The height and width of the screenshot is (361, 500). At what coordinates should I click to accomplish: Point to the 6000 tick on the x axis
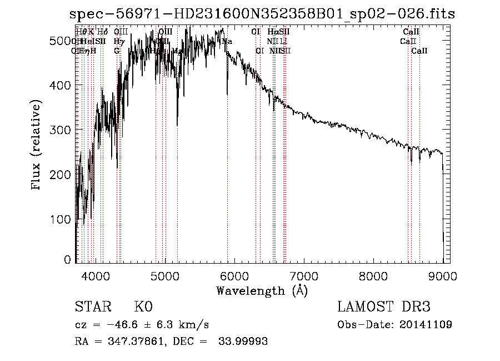coord(234,275)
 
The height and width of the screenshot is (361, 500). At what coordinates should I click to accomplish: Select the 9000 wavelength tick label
coord(443,275)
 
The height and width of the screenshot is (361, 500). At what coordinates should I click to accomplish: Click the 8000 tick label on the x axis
coord(373,275)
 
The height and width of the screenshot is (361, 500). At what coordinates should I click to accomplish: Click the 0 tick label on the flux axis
coord(68,260)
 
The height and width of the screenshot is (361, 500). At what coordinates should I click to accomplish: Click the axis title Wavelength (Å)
coord(262,290)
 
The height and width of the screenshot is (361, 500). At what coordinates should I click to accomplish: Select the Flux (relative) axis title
coord(37,146)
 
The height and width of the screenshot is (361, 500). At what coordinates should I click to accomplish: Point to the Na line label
coord(227,41)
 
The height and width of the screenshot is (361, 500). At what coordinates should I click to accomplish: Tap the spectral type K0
coord(143,307)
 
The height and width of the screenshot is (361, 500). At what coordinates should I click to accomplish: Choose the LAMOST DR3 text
coord(383,307)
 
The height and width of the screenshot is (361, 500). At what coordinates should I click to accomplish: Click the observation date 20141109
coord(425,324)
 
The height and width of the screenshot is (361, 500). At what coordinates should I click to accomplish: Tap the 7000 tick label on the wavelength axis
coord(304,275)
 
